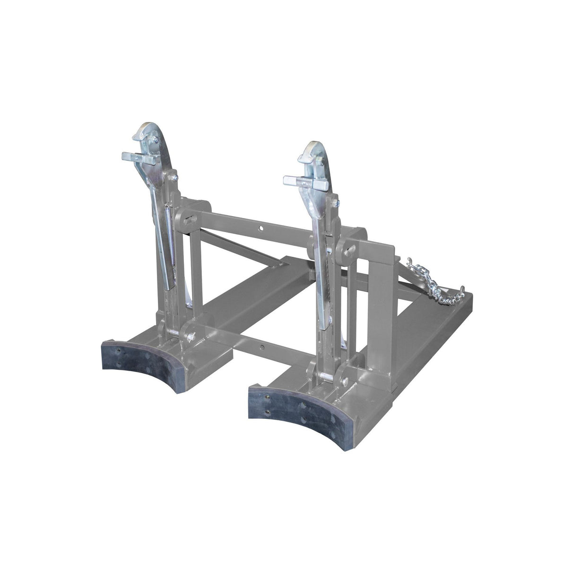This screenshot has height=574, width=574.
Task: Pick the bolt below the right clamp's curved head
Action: pos(336,203)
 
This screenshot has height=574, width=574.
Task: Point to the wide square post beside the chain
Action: pos(384,274)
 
